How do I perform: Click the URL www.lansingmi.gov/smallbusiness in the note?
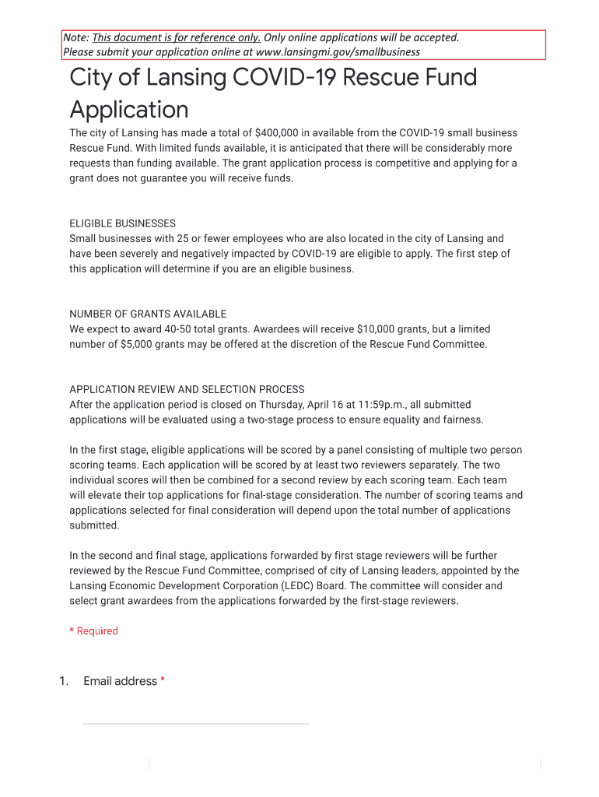338,52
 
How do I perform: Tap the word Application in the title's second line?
129,109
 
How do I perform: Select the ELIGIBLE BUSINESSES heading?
122,223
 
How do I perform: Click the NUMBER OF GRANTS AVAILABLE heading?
148,314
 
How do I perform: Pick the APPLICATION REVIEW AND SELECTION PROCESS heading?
187,389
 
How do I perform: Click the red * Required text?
93,631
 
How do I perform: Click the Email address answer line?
195,723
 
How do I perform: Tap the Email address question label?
120,681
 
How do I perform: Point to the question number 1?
64,681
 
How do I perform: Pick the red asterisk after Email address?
163,681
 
